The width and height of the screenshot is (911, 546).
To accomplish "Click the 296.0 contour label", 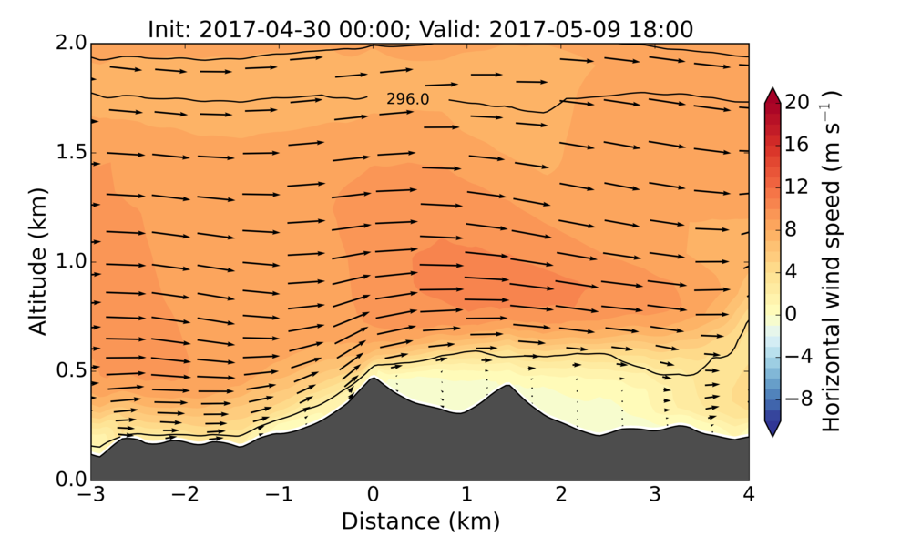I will (x=407, y=99).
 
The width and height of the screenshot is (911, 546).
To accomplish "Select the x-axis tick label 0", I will (x=373, y=496).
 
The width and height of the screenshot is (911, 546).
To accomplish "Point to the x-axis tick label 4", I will (x=749, y=496).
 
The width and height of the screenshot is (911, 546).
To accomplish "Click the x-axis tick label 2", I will (x=560, y=496).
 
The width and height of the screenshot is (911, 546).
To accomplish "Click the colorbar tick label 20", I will (x=798, y=103).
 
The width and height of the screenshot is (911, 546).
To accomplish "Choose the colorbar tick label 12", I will (x=798, y=187).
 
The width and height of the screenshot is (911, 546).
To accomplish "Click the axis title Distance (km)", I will (x=420, y=521).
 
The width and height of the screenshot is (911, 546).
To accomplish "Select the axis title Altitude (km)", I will (x=37, y=262).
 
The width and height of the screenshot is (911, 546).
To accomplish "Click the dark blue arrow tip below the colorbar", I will (x=773, y=431).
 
